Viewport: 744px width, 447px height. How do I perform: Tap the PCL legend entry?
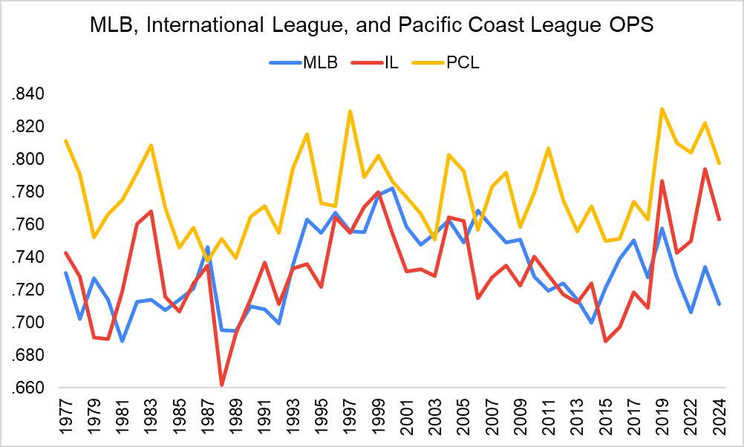pyautogui.click(x=463, y=62)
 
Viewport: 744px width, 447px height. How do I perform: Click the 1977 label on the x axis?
pyautogui.click(x=66, y=418)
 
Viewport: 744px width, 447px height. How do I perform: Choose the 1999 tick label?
pyautogui.click(x=379, y=418)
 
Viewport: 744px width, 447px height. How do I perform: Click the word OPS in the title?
pyautogui.click(x=630, y=27)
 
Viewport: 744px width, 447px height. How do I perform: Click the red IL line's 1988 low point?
pyautogui.click(x=221, y=385)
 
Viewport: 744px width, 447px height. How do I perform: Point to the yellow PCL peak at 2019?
pyautogui.click(x=662, y=109)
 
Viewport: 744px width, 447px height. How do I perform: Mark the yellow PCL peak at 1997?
pyautogui.click(x=350, y=111)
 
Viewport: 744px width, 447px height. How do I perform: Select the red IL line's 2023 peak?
pyautogui.click(x=705, y=169)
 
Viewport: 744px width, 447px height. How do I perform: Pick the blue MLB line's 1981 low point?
pyautogui.click(x=122, y=341)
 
